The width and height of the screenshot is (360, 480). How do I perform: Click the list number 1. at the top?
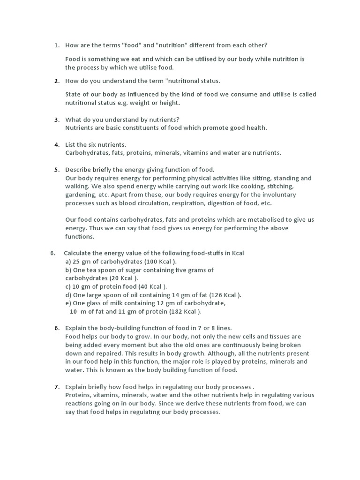click(57, 45)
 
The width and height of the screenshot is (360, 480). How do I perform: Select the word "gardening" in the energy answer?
click(79, 195)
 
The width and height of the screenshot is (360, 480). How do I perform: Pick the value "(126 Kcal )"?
click(225, 295)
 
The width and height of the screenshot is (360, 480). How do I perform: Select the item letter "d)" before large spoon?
click(68, 295)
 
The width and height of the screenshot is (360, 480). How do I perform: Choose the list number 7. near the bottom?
click(57, 387)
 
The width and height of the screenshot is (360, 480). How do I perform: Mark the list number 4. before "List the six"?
click(57, 144)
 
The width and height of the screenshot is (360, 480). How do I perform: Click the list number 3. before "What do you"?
click(57, 120)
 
